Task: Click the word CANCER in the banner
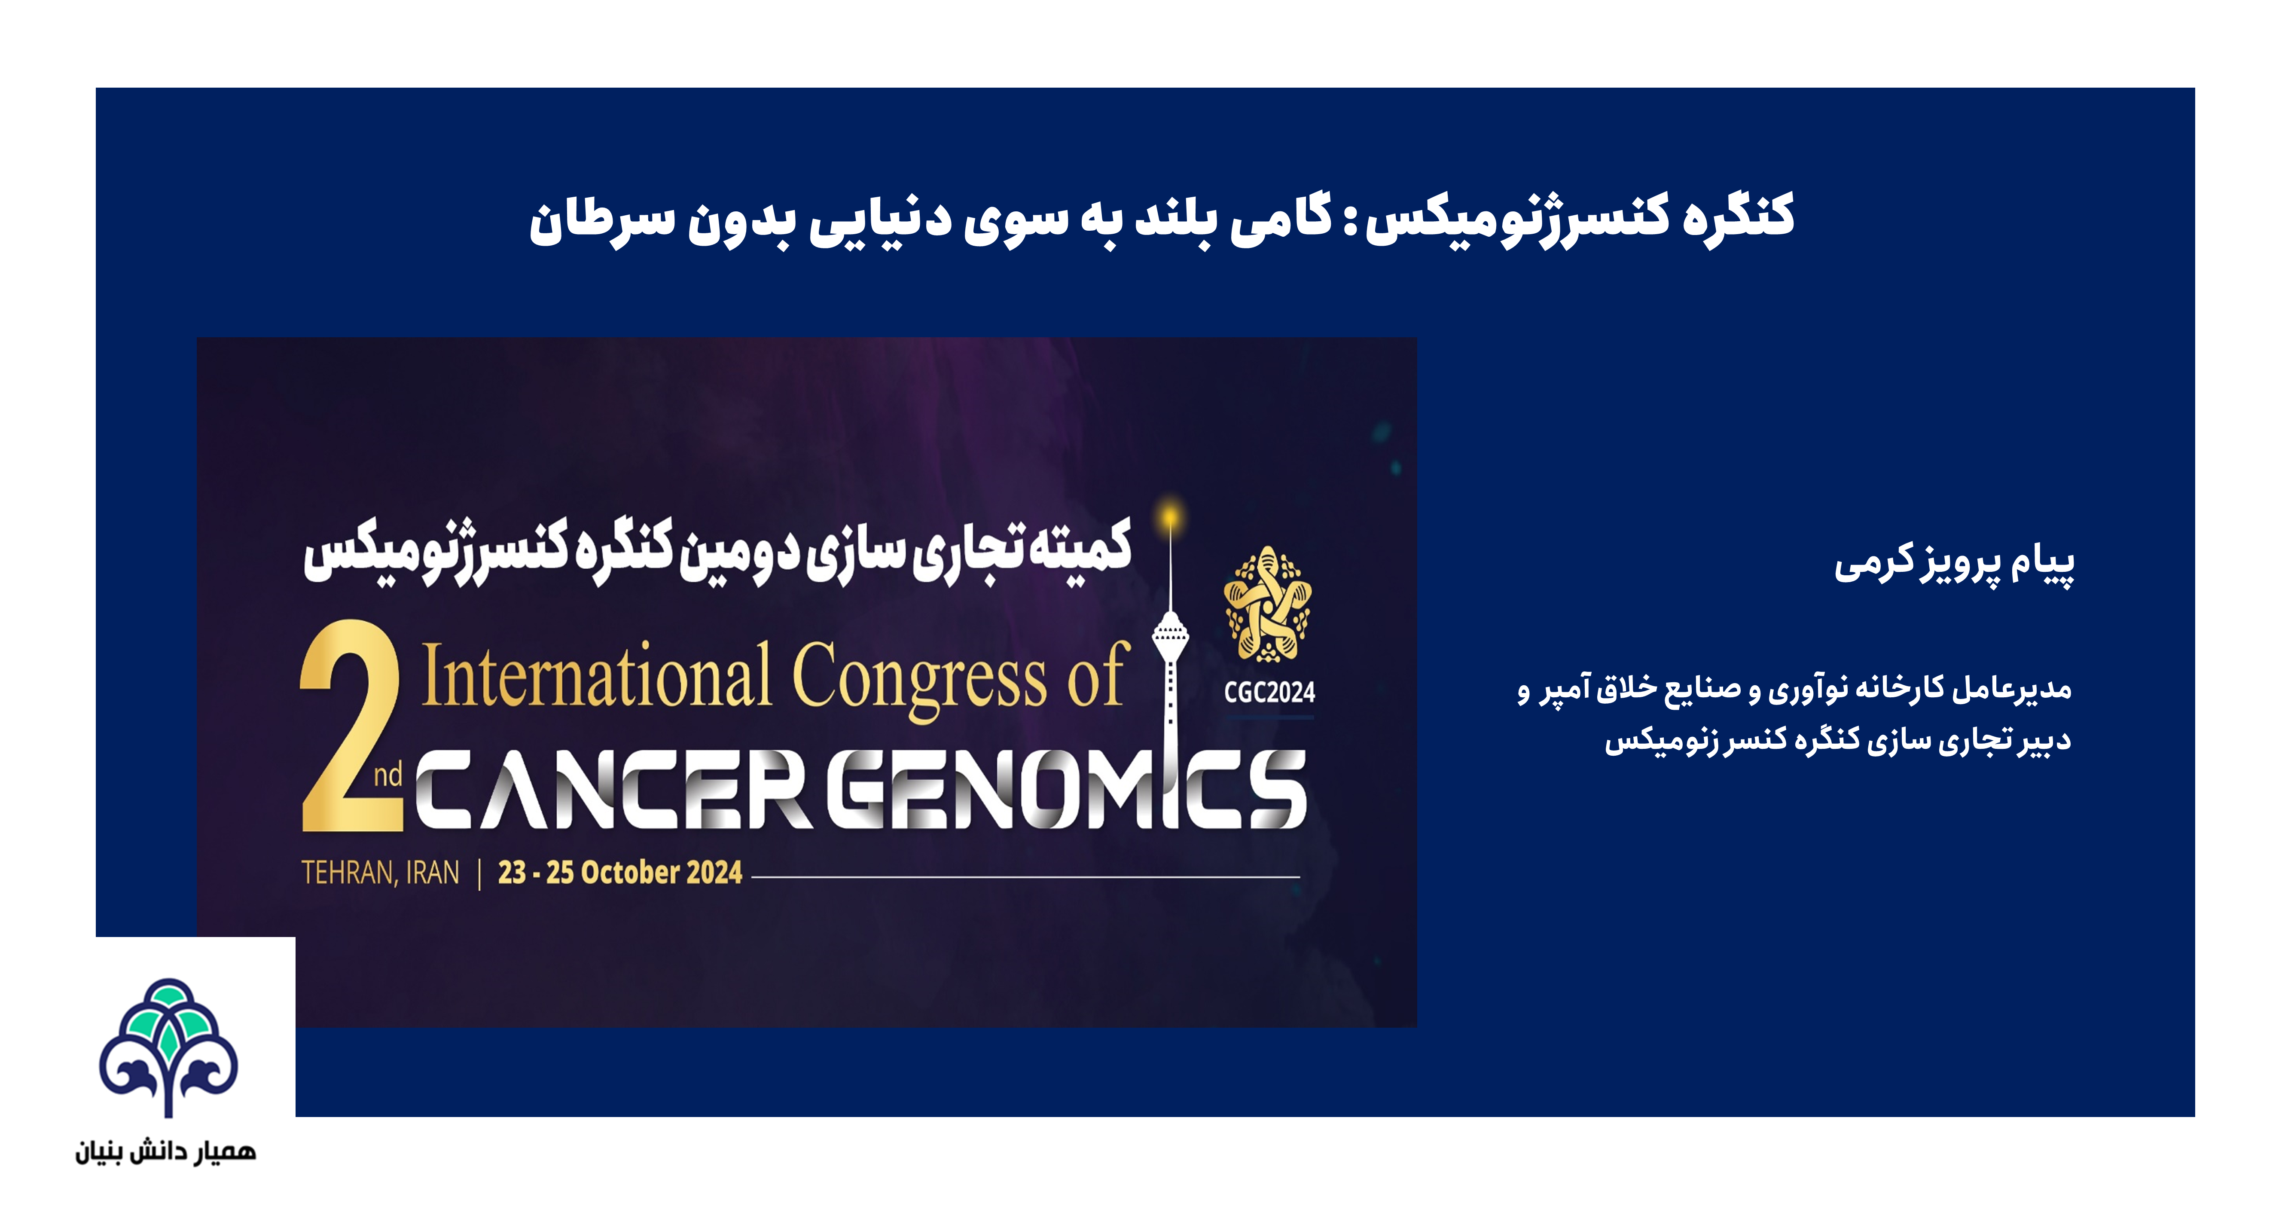click(x=613, y=789)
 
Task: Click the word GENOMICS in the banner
click(x=1067, y=789)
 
